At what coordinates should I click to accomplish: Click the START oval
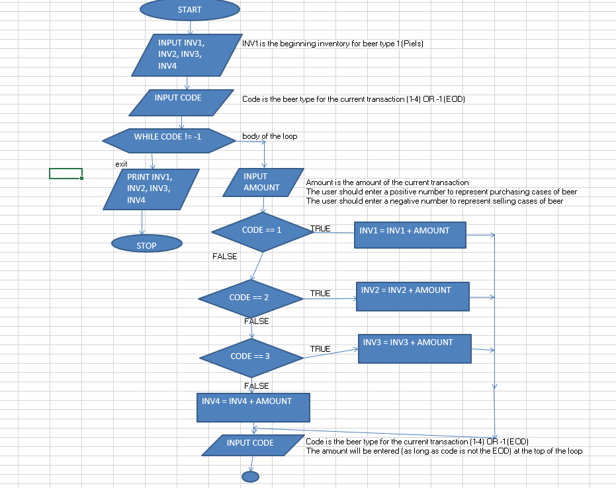coord(189,10)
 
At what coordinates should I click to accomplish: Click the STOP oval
coord(146,245)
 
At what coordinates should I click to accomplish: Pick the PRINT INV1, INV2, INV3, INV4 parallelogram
coord(151,189)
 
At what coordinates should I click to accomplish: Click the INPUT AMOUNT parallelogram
coord(263,183)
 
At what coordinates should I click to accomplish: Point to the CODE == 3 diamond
coord(252,357)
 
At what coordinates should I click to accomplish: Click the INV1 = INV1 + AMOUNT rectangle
coord(410,235)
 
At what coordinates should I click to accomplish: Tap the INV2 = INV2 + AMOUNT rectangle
coord(412,296)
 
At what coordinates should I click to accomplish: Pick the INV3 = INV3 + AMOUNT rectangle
coord(414,348)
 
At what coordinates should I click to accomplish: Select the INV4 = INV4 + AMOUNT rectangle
coord(253,407)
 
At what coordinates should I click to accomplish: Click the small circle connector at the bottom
coord(250,476)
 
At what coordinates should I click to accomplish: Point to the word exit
coord(121,163)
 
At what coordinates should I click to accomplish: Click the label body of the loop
coord(269,136)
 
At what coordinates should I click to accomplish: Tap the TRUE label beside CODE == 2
coord(320,293)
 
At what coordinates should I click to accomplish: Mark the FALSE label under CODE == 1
coord(225,256)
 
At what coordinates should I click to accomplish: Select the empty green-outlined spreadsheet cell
coord(66,173)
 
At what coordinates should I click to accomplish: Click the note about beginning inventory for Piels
coord(332,44)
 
